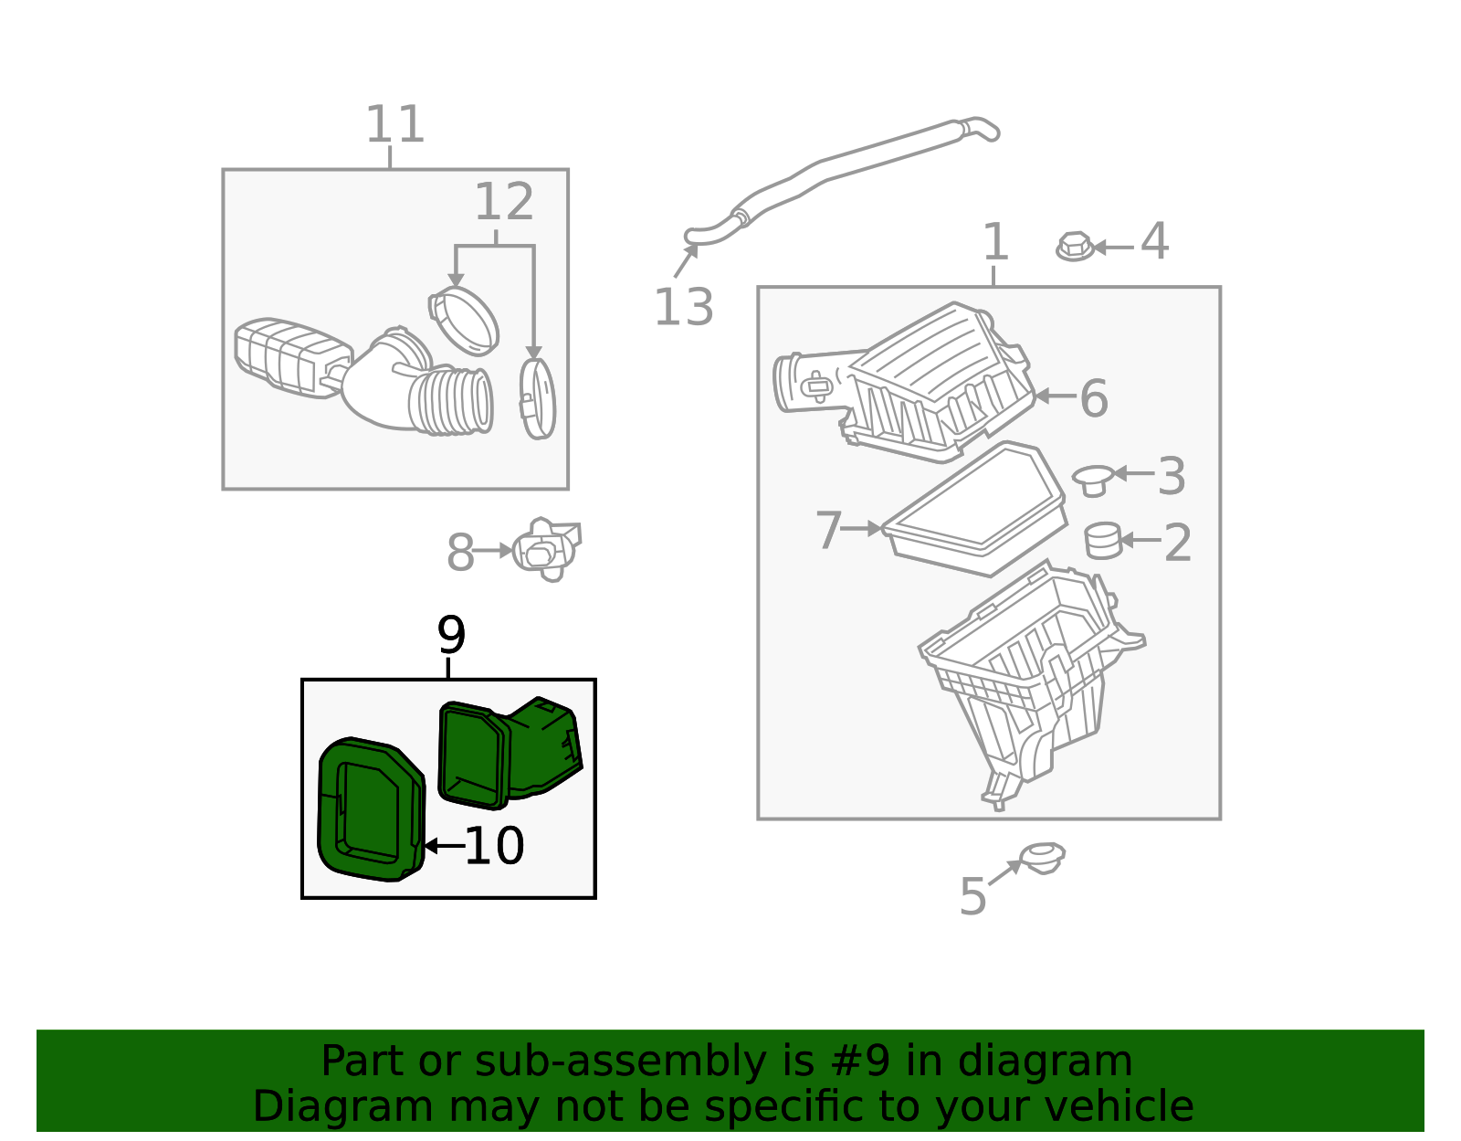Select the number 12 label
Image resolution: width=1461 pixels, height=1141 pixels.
coord(504,201)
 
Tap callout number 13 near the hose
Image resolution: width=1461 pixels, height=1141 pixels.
coord(683,307)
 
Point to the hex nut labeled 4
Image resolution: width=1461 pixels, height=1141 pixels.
coord(1075,247)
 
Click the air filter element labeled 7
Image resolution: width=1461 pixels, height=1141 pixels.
coord(974,509)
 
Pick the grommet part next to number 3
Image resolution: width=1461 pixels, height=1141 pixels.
coord(1094,481)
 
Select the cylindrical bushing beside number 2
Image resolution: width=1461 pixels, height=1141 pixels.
coord(1104,541)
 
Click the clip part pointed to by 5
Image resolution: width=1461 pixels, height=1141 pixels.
coord(1042,859)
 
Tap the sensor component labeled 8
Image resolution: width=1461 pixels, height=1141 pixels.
coord(547,549)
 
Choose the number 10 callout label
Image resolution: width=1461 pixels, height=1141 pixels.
coord(494,845)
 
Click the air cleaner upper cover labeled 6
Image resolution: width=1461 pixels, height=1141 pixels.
coord(905,382)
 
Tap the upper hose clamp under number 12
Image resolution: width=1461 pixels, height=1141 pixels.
coord(464,322)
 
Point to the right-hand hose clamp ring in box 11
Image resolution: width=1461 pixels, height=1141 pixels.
coord(537,398)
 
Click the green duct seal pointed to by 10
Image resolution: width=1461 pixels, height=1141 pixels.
coord(371,809)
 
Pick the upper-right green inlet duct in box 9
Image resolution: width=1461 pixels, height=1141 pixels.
coord(510,753)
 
